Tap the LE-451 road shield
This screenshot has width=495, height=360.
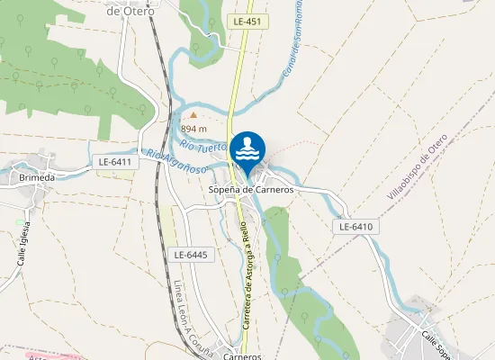point(245,21)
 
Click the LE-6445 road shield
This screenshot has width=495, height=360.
point(190,255)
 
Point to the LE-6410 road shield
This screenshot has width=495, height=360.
point(355,227)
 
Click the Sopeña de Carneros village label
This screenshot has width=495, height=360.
point(251,190)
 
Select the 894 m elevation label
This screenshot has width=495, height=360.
point(194,128)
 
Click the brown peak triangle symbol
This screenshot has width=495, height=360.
point(192,115)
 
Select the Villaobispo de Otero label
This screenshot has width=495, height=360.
point(417,166)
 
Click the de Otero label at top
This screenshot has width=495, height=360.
point(130,11)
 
